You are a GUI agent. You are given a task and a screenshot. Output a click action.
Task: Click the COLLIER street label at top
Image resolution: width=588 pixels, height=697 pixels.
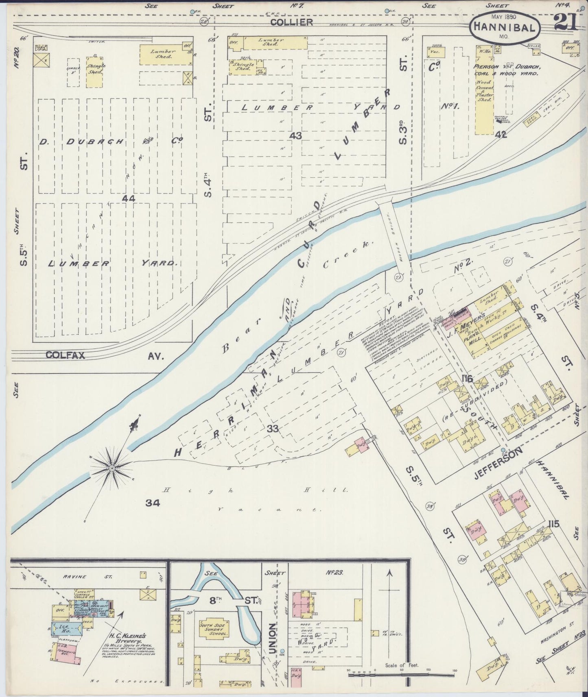coord(292,22)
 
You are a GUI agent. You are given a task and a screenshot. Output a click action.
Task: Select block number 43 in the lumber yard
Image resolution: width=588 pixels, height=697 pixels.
coord(295,135)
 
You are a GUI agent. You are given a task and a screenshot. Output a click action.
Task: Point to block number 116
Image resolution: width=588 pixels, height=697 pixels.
coord(467,379)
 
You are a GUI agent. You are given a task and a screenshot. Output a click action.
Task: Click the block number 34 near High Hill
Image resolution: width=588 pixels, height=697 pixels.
coord(153,503)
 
